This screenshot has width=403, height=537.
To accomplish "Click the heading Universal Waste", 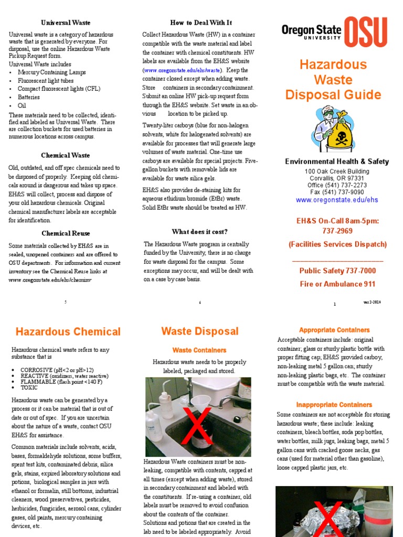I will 66,23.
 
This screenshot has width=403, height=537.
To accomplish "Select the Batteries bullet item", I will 28,97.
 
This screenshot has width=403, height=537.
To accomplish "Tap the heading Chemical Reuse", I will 66,233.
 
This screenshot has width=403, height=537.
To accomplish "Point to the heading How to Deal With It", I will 201,23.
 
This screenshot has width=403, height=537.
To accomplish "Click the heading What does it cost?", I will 199,232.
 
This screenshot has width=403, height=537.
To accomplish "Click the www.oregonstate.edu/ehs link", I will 337,200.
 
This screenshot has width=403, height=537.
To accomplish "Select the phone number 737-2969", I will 337,231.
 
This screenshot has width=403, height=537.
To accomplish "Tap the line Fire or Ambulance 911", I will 337,284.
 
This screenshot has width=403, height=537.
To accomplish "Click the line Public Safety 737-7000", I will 337,271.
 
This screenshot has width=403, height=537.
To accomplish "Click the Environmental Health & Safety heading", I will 337,162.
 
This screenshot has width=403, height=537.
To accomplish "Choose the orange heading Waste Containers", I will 199,350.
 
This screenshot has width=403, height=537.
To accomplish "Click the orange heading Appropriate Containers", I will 334,330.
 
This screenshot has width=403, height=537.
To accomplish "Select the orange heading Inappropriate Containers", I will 334,405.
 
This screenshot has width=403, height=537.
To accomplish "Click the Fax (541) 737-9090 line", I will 337,192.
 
